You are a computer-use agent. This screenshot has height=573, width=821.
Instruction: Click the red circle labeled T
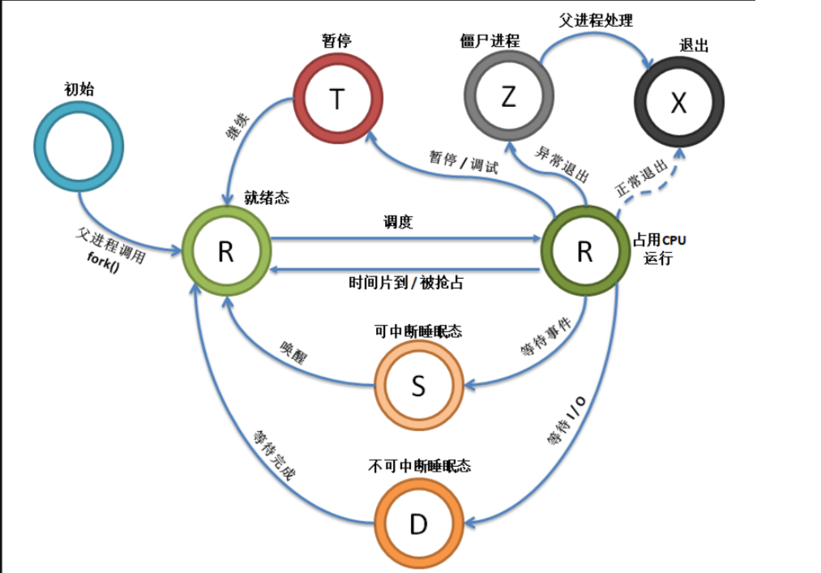point(336,100)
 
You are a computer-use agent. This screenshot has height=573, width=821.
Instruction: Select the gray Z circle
point(508,97)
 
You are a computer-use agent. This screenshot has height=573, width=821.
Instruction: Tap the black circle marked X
point(678,103)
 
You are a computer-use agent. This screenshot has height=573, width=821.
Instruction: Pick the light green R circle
point(225,251)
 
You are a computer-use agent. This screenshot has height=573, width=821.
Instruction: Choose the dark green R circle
point(584,251)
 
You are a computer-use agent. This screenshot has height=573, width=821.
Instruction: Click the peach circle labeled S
point(417,386)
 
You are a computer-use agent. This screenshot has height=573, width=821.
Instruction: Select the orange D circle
point(417,524)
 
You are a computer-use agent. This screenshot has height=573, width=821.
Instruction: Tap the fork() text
point(103,266)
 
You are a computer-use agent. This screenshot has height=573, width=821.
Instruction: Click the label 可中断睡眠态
point(418,331)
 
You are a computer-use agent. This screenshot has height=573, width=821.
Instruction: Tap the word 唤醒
point(297,348)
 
